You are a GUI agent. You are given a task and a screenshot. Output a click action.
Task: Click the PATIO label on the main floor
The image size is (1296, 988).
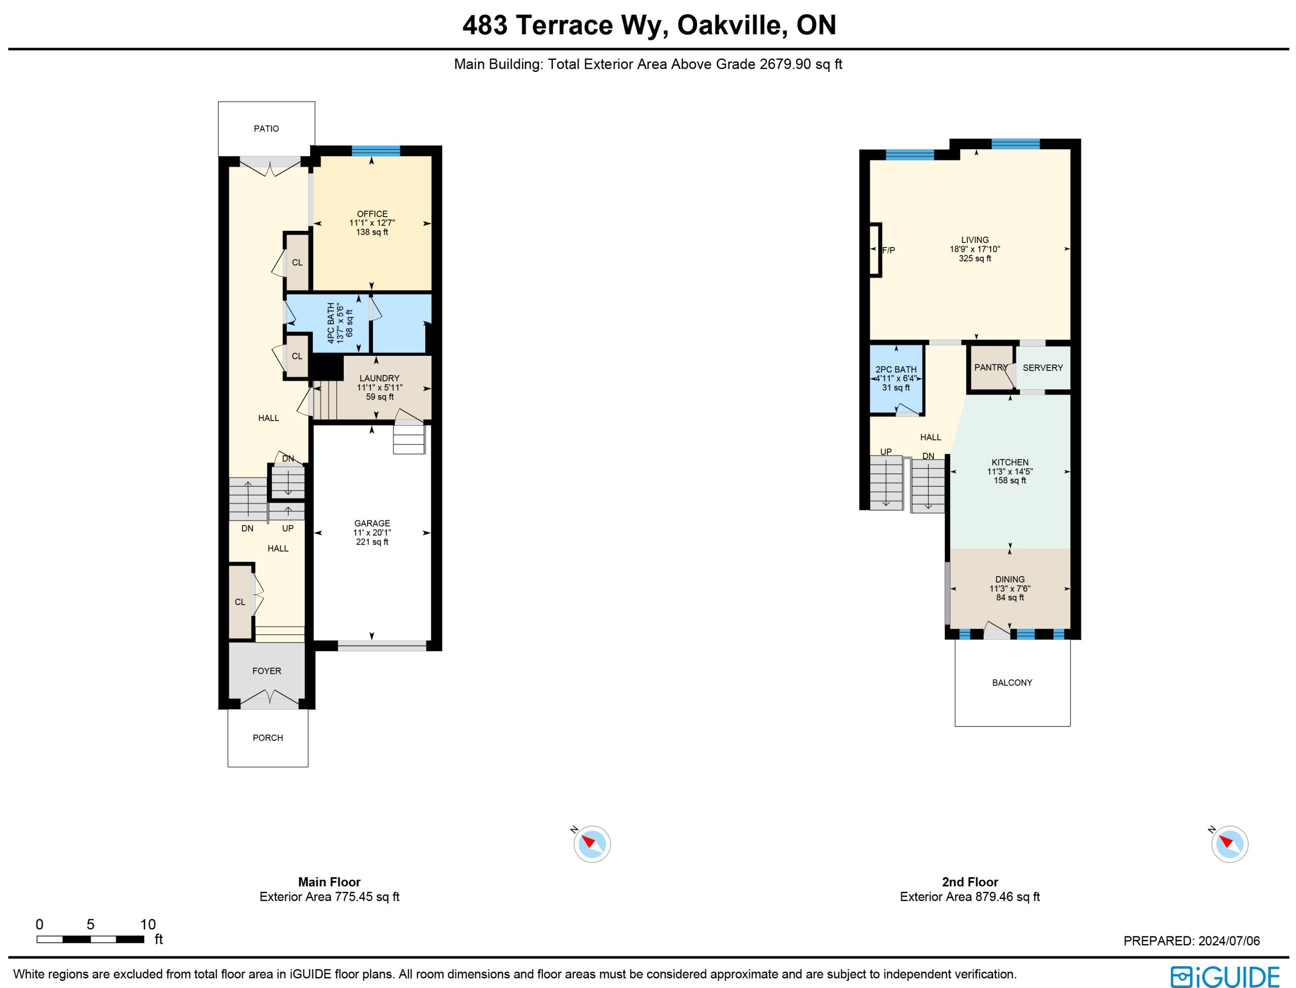tap(266, 129)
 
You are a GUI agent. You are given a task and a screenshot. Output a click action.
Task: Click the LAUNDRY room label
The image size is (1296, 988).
tap(380, 379)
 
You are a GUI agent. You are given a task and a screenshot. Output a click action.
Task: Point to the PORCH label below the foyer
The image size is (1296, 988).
tap(268, 738)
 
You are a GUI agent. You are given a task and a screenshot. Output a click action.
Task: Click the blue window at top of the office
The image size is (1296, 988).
tap(376, 150)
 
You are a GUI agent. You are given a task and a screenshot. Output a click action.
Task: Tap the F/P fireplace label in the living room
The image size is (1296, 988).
tap(888, 251)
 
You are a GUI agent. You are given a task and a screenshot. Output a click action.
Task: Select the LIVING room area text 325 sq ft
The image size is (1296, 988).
tap(975, 259)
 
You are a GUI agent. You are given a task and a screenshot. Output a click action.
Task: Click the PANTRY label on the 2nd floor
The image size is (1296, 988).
tap(991, 367)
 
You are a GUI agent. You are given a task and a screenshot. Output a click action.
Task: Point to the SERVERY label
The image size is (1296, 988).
tap(1042, 368)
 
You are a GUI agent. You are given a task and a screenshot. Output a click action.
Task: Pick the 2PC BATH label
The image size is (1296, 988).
tap(896, 370)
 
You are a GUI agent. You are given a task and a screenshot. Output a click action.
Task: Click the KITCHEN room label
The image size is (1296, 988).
tap(1010, 463)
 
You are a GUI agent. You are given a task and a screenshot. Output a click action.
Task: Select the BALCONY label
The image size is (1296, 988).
tap(1012, 683)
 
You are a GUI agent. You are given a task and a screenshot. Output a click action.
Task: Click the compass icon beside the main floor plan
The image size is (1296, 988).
tap(592, 844)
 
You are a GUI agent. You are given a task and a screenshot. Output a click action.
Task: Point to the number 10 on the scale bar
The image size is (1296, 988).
tap(148, 925)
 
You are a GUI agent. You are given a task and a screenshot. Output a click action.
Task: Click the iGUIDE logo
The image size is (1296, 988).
tap(1225, 977)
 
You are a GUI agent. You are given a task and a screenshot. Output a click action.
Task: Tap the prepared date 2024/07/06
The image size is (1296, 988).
tap(1230, 941)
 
